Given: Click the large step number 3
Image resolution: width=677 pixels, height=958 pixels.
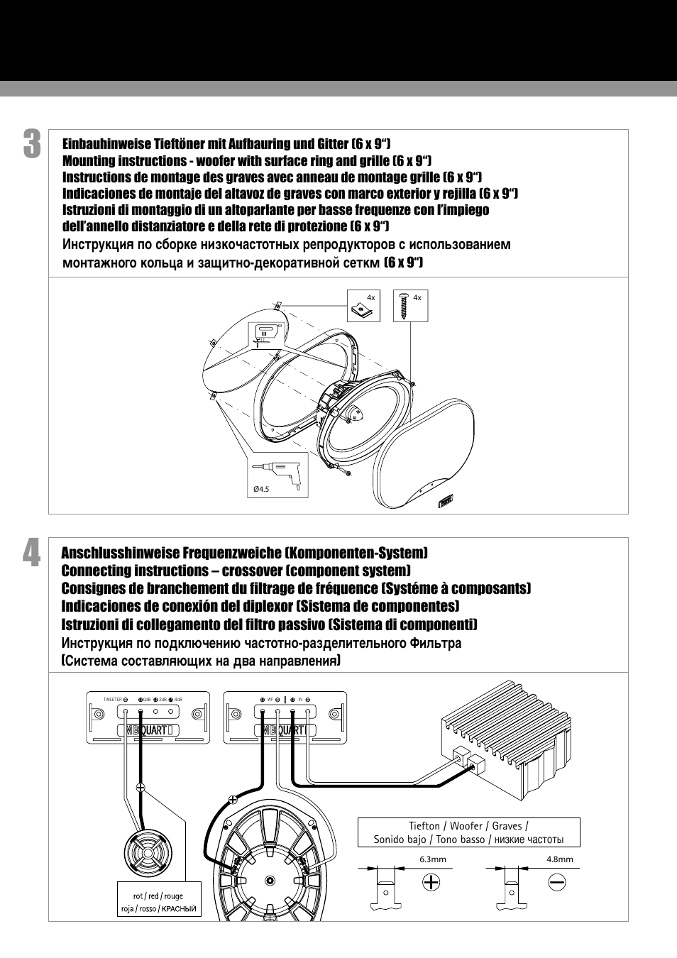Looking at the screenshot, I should (x=31, y=144).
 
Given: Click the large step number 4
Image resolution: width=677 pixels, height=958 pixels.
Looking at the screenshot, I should (x=31, y=554).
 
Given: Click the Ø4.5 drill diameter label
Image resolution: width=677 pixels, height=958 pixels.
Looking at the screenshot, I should (x=262, y=489).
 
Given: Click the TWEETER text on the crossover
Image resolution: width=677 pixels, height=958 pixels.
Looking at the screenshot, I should (x=112, y=700).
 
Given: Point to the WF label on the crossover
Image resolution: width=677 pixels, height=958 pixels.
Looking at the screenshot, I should (x=270, y=700).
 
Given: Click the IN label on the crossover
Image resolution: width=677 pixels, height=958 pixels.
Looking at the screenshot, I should (x=300, y=700).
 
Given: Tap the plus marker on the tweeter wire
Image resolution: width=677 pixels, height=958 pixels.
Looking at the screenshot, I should (x=141, y=787).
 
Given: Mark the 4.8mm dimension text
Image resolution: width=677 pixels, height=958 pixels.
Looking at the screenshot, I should (x=559, y=859).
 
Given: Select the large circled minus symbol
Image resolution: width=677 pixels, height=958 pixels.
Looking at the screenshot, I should (x=556, y=882).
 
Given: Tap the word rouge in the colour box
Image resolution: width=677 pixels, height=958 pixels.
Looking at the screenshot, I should (x=174, y=896).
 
